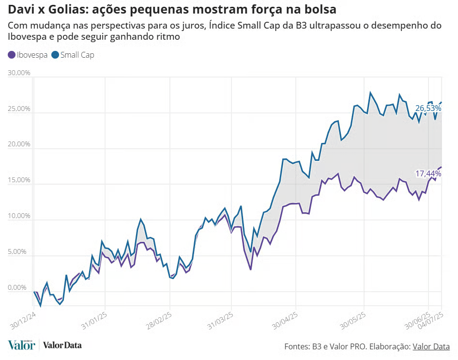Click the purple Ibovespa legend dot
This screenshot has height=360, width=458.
pyautogui.click(x=12, y=55)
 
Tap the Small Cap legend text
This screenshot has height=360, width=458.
pyautogui.click(x=77, y=55)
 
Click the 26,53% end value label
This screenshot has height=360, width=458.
pyautogui.click(x=428, y=109)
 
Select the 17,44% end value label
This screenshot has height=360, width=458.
pyautogui.click(x=428, y=173)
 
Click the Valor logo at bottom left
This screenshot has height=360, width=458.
pyautogui.click(x=21, y=345)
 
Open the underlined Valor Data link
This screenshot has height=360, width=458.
pyautogui.click(x=431, y=346)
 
